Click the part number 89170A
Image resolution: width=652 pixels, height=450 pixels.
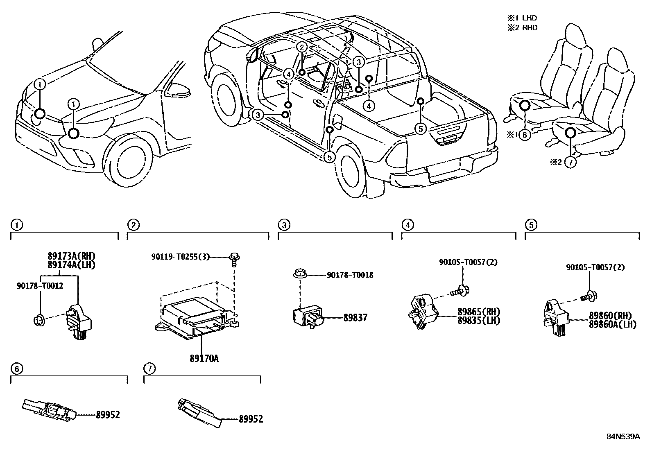tap(204, 359)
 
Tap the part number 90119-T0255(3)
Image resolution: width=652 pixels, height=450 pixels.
tap(180, 257)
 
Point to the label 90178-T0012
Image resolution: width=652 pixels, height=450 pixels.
tap(40, 286)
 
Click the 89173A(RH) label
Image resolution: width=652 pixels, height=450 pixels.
tap(71, 256)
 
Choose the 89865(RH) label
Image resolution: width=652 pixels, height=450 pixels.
tap(479, 312)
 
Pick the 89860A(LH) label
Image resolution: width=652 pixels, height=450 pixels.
tap(612, 324)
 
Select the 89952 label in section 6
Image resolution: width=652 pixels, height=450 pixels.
tap(108, 415)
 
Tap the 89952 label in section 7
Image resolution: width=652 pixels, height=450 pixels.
tap(251, 419)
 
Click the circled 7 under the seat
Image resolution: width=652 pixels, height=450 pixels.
tap(570, 162)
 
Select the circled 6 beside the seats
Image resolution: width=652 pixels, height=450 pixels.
tap(525, 134)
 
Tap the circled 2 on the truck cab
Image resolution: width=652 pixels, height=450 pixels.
tap(301, 47)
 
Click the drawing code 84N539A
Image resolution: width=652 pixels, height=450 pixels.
tap(623, 436)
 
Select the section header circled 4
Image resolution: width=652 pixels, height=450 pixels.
tap(407, 224)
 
